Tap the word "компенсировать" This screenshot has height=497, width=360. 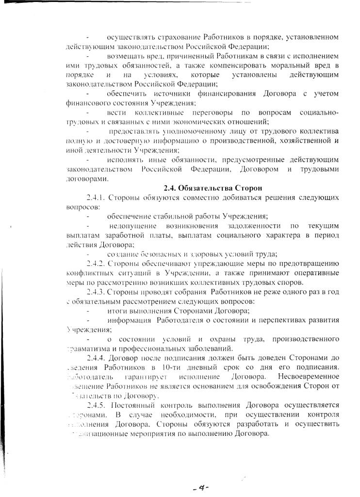coord(251,66)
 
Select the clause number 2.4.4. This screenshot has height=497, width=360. coord(96,358)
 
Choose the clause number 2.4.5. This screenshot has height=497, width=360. coord(96,405)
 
